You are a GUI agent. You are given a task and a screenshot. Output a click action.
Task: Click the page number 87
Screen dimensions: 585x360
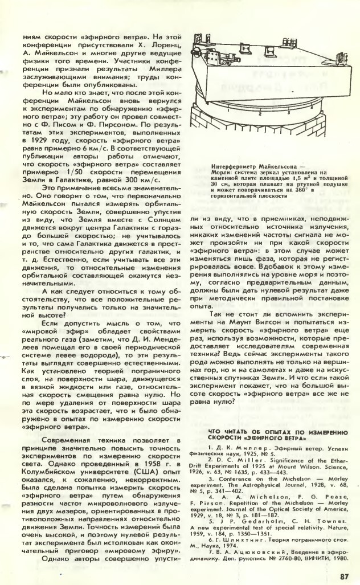point(342,575)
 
